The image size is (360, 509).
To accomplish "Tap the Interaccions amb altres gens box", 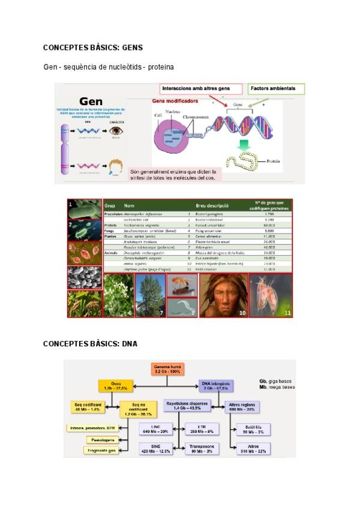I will tap(191, 89).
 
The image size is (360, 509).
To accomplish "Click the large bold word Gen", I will tap(91, 101).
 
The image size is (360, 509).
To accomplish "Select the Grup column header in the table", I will tap(110, 205).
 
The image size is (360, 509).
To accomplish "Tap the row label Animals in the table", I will tap(112, 253).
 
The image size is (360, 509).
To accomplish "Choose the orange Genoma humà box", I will tap(167, 369).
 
